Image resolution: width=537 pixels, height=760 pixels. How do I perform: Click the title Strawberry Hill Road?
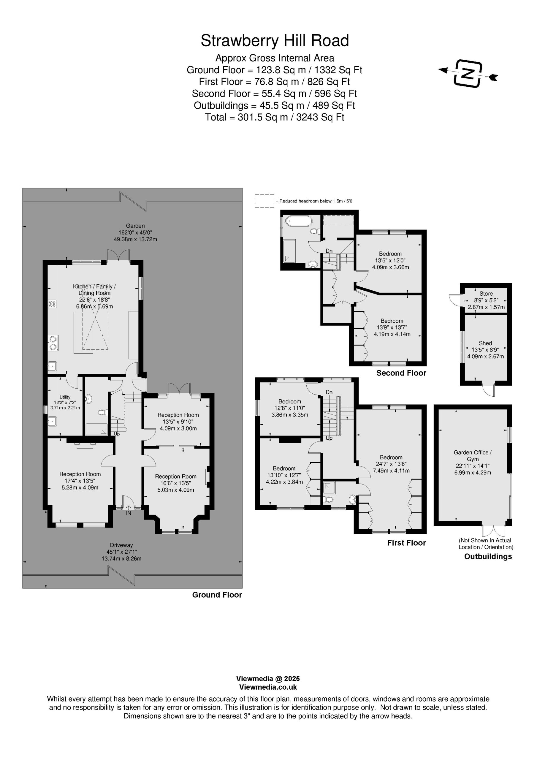tap(275, 41)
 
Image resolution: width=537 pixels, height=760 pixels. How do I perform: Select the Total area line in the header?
tap(275, 117)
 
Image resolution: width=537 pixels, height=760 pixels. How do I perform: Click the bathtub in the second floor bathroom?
tap(299, 221)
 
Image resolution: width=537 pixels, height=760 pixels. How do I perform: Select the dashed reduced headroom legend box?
tap(264, 201)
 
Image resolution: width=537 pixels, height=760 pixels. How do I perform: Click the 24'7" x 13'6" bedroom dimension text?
tap(391, 464)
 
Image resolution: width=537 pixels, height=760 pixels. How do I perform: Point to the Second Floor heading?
tap(401, 373)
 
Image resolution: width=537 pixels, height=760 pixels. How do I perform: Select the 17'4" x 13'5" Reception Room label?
tap(80, 481)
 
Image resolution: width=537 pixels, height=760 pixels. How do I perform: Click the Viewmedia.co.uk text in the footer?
tap(268, 687)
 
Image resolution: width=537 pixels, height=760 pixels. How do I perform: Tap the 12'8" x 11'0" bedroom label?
tap(290, 408)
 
